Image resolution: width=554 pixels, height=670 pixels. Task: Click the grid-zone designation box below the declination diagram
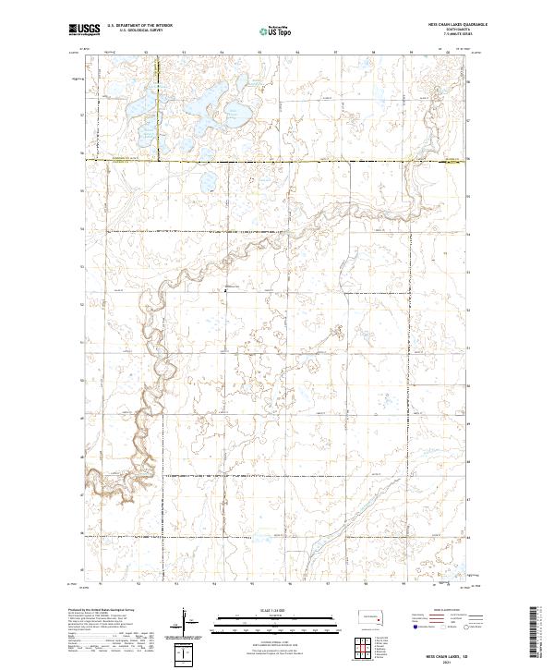pos(186,655)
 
